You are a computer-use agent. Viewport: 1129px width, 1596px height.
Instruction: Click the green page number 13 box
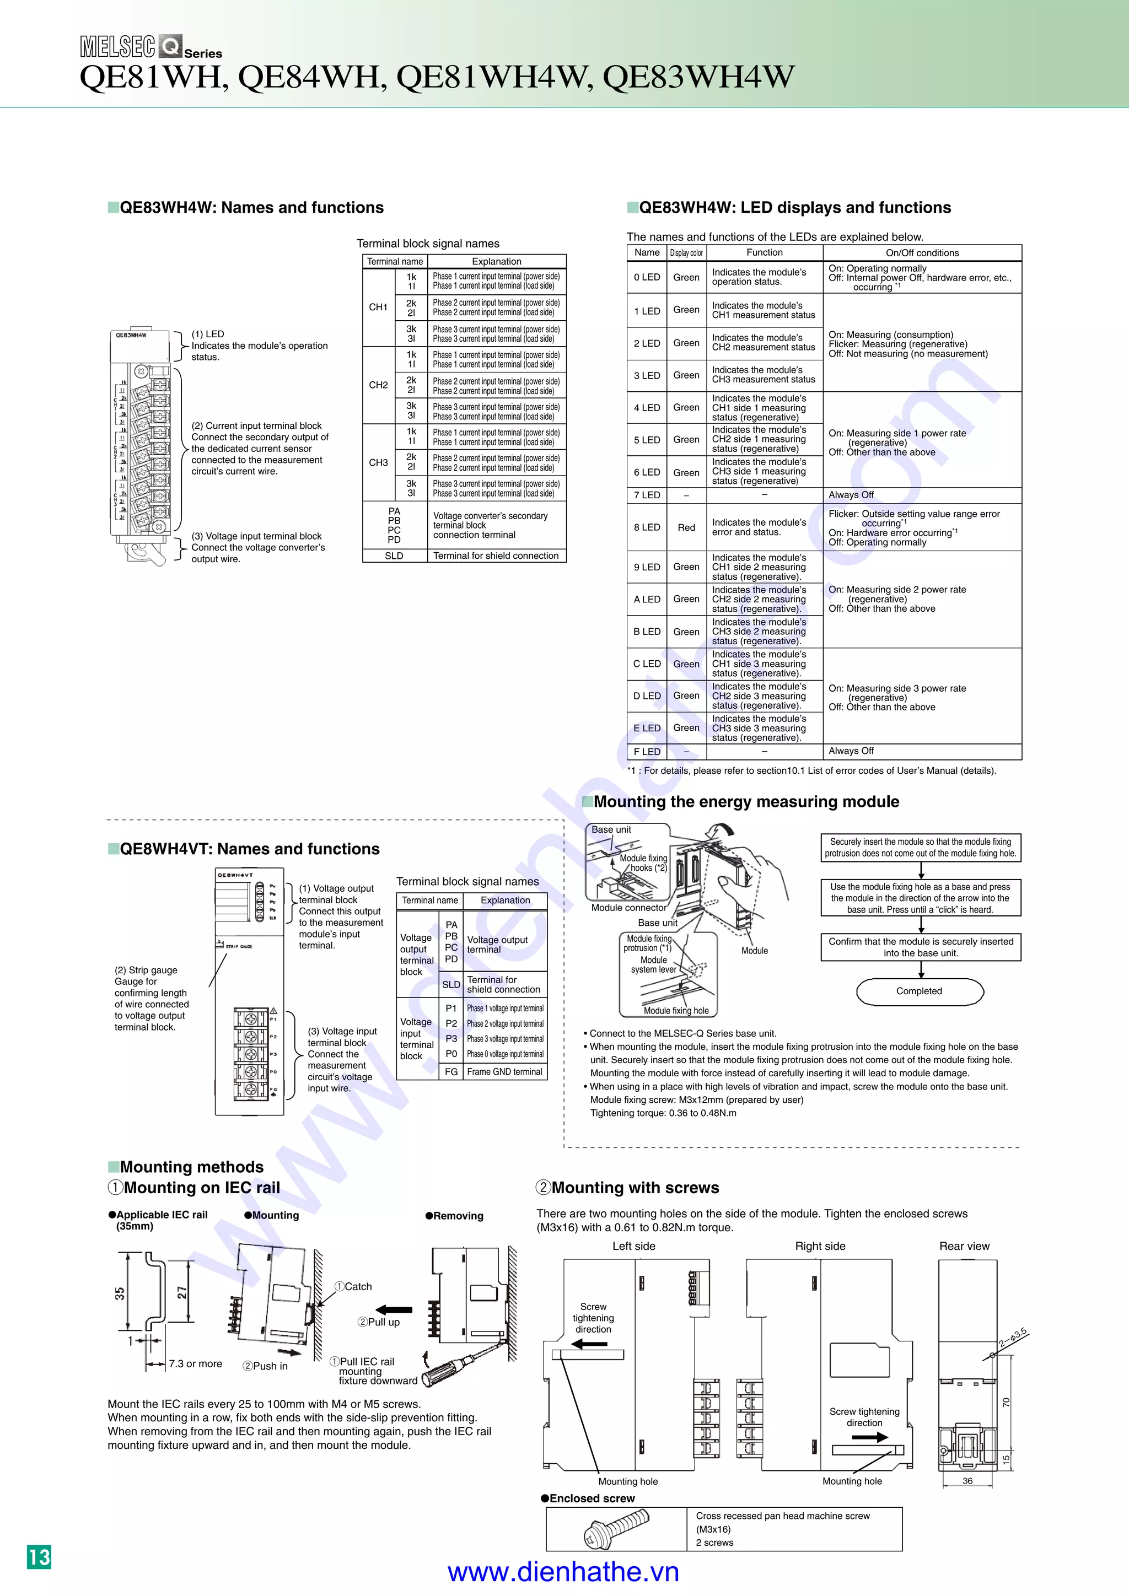pyautogui.click(x=39, y=1556)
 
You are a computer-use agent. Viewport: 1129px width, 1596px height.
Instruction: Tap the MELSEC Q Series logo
pyautogui.click(x=150, y=47)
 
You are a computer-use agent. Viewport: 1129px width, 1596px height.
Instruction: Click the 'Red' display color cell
pyautogui.click(x=686, y=527)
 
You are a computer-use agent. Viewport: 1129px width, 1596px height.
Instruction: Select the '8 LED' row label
pyautogui.click(x=647, y=527)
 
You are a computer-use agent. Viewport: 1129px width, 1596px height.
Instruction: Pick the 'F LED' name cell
pyautogui.click(x=647, y=751)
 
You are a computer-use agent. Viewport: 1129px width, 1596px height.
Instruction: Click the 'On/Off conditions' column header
pyautogui.click(x=922, y=253)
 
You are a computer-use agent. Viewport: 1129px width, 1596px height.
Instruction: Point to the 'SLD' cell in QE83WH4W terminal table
pyautogui.click(x=394, y=556)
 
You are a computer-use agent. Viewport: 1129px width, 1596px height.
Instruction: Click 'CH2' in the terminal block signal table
pyautogui.click(x=378, y=385)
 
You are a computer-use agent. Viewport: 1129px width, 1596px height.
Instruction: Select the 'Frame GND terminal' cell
pyautogui.click(x=505, y=1072)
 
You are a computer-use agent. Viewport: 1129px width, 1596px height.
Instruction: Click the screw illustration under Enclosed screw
pyautogui.click(x=617, y=1529)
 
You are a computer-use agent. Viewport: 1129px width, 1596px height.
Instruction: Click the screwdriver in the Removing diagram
pyautogui.click(x=455, y=1367)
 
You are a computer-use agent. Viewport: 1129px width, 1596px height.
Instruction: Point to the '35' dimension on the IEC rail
pyautogui.click(x=120, y=1293)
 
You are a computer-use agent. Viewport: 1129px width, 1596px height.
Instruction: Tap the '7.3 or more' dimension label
pyautogui.click(x=195, y=1364)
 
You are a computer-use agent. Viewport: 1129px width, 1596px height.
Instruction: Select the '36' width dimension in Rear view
pyautogui.click(x=967, y=1481)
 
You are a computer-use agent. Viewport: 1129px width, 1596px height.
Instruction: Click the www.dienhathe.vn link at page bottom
pyautogui.click(x=563, y=1572)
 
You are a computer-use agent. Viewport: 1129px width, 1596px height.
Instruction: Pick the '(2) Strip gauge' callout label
pyautogui.click(x=146, y=970)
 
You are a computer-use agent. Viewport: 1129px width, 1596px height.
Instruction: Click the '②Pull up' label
pyautogui.click(x=379, y=1322)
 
